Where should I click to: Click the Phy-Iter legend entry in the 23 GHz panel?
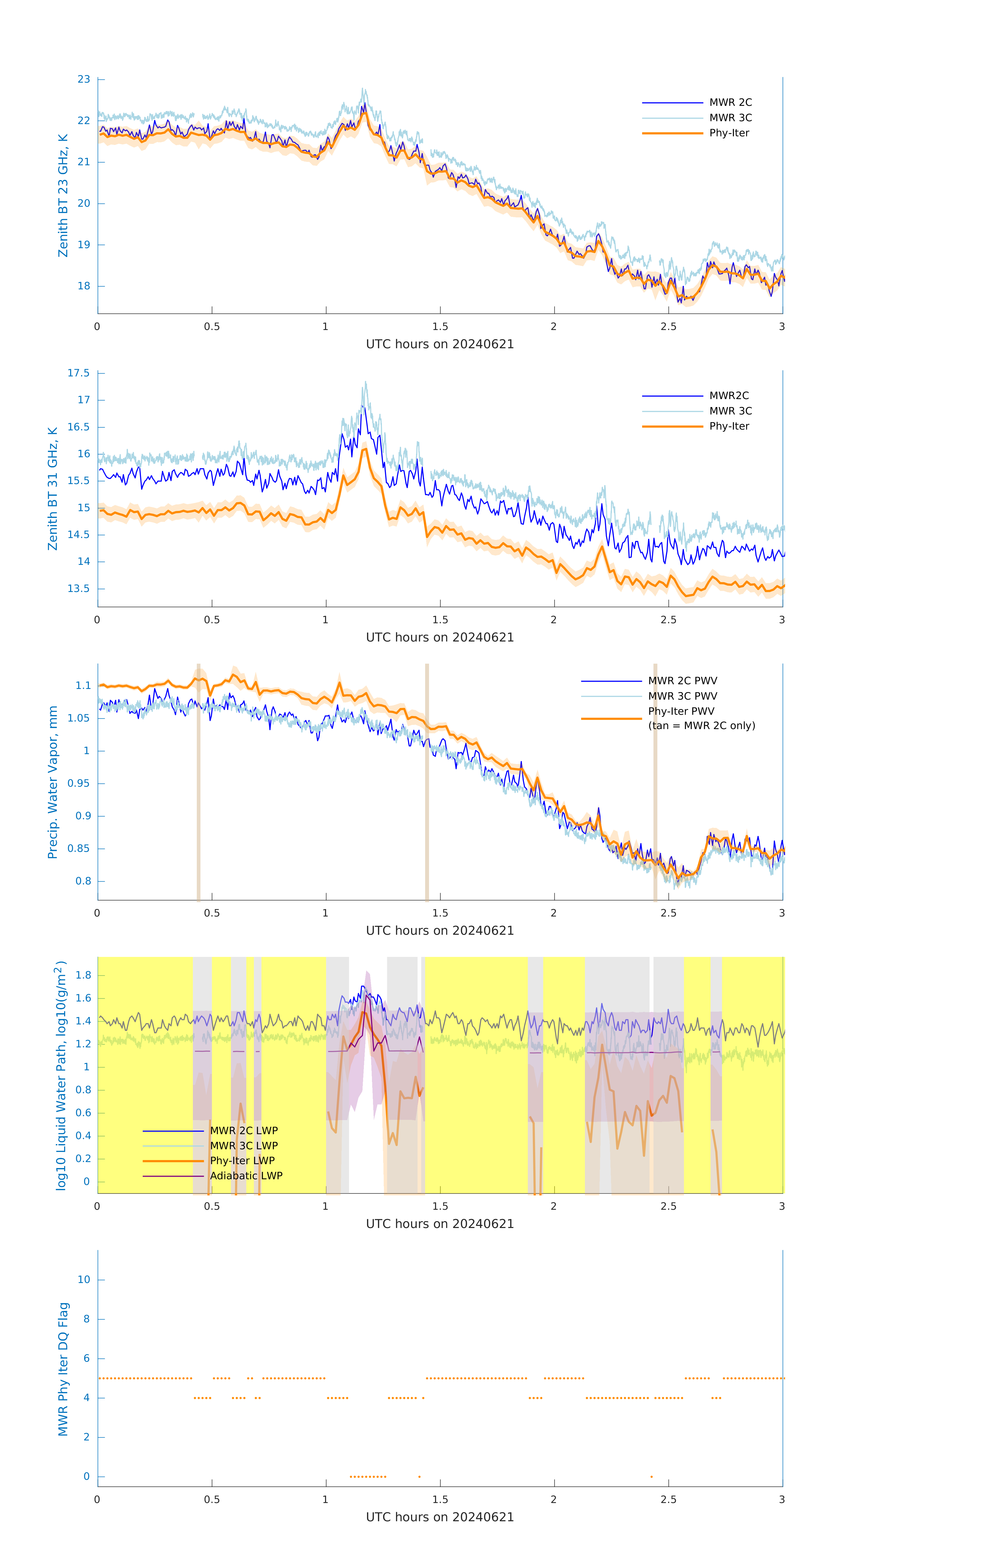729,133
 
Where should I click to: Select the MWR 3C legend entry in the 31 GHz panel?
730,411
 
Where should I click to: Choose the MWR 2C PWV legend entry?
682,681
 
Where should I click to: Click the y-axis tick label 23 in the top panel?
84,79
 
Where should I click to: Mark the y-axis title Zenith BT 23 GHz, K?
63,195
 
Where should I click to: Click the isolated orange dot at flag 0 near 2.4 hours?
651,1477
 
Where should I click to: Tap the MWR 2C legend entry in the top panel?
730,103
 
